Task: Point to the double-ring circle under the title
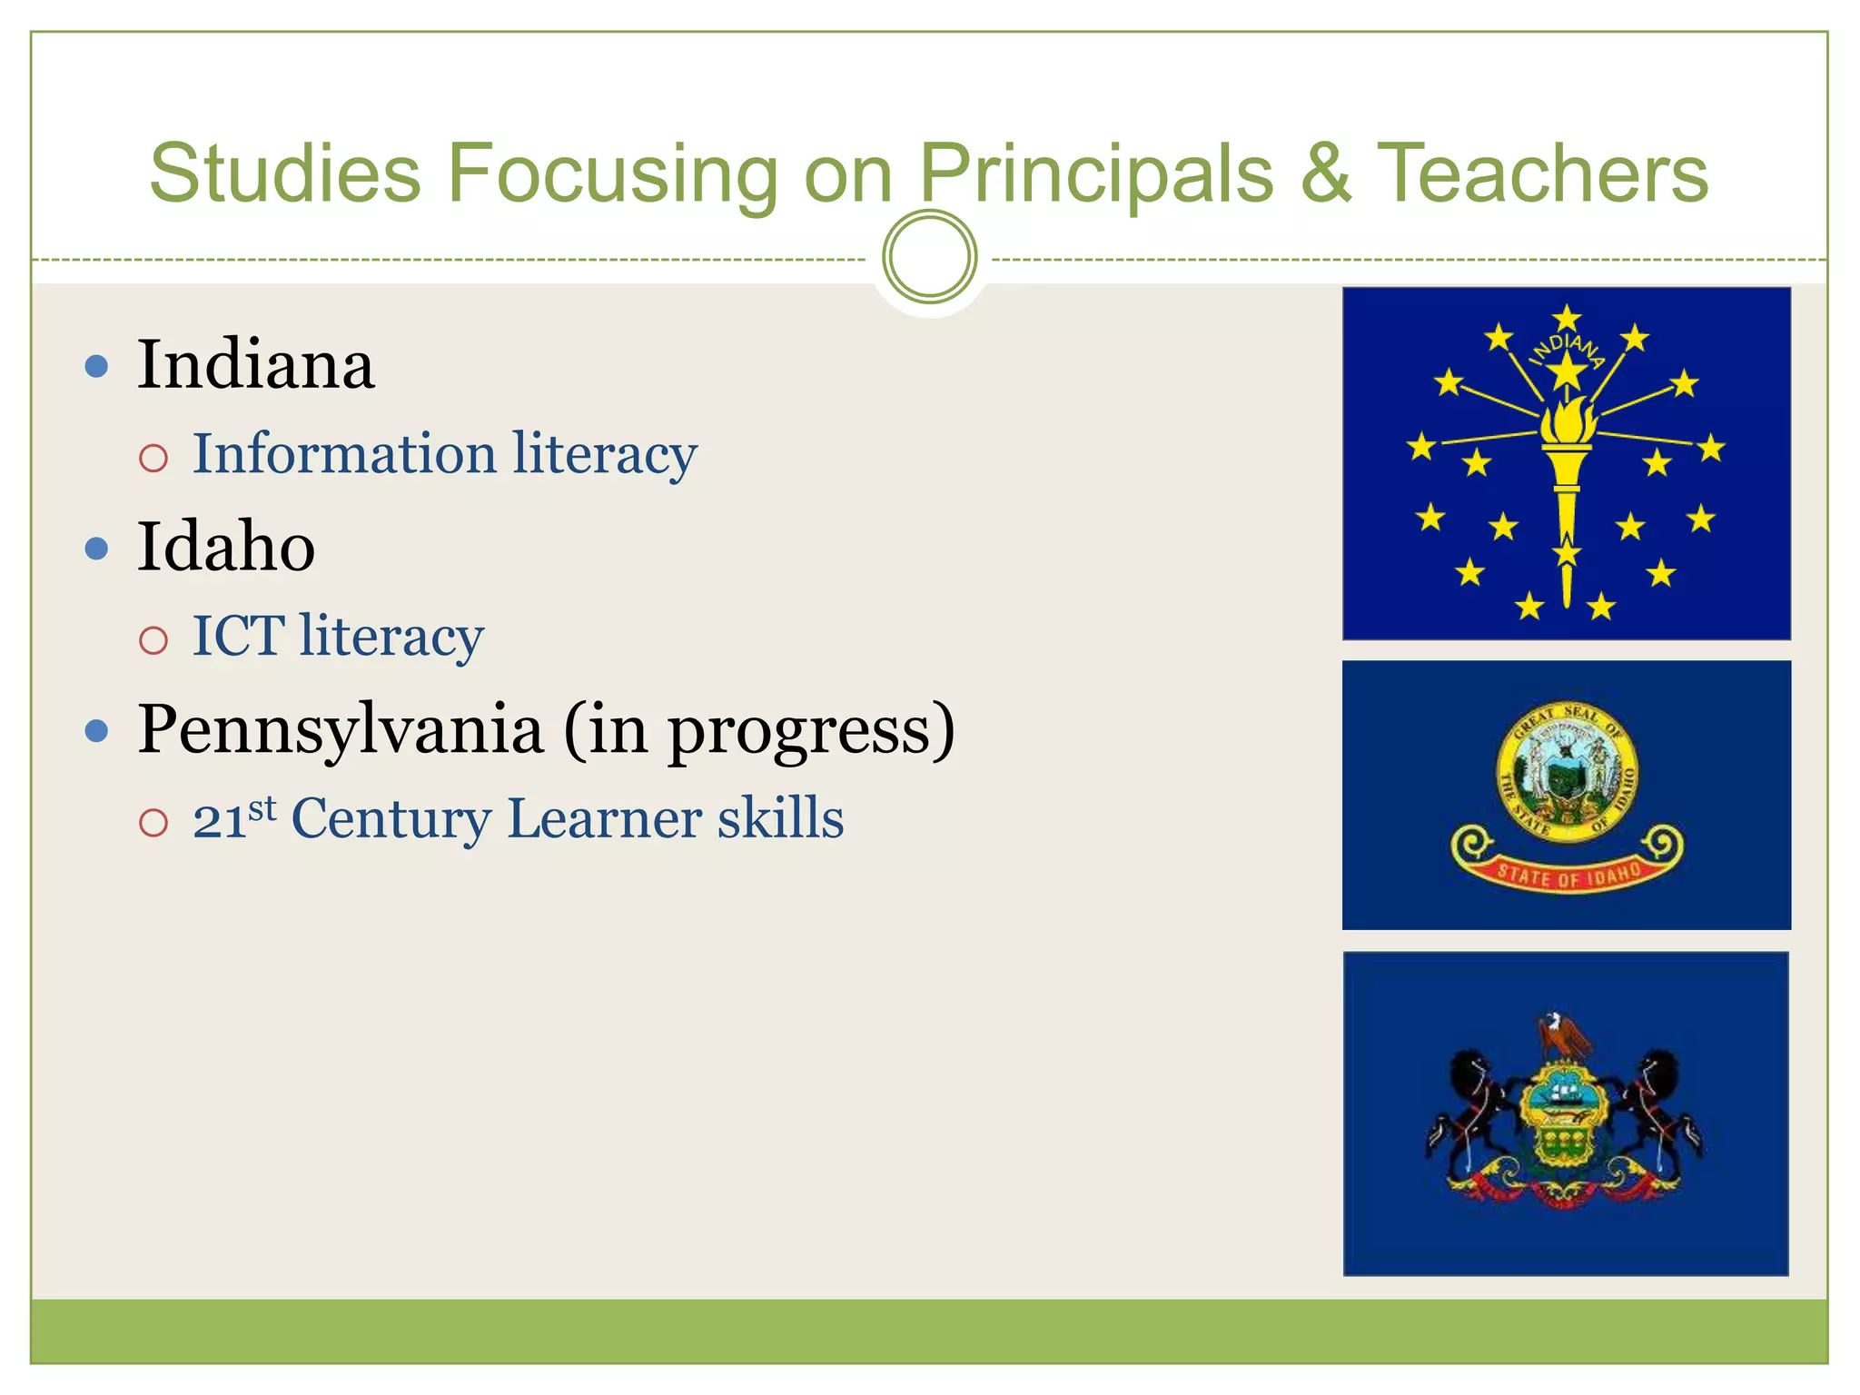[x=929, y=257]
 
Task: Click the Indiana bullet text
[x=255, y=365]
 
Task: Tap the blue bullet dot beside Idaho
[x=96, y=549]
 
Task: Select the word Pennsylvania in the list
[x=341, y=729]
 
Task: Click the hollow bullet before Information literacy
[x=153, y=458]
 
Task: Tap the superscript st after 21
[x=262, y=806]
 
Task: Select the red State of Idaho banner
[x=1568, y=874]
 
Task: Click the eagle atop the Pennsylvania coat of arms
[x=1562, y=1034]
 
